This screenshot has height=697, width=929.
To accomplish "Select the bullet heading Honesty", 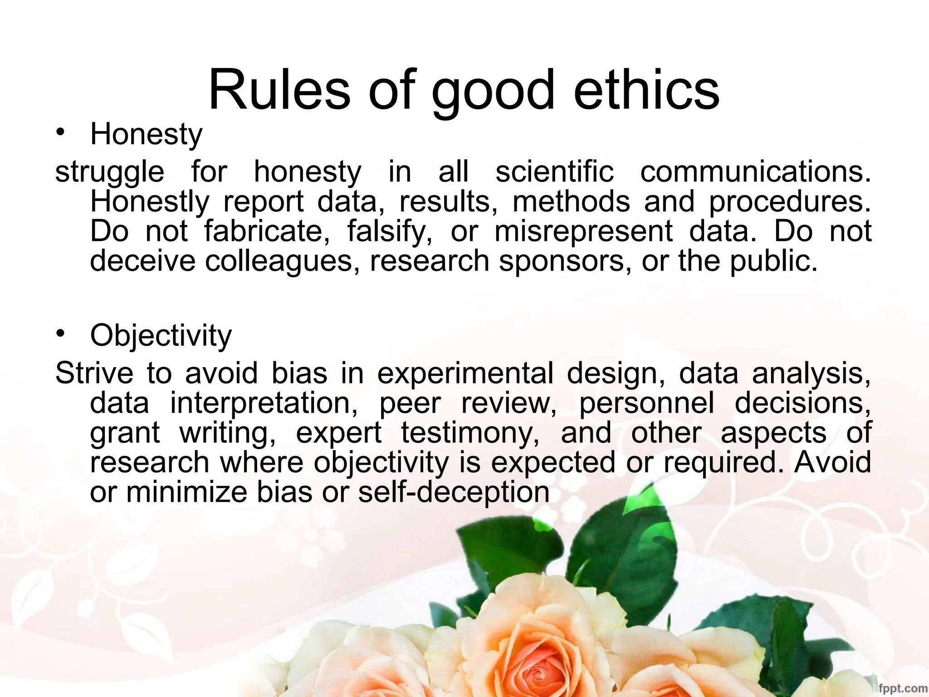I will (146, 135).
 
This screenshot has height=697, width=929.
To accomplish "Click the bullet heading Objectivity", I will (161, 336).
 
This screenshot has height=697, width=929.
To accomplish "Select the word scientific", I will (554, 172).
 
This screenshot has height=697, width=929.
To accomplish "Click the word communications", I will (755, 172).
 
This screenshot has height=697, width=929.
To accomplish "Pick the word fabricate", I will (267, 231).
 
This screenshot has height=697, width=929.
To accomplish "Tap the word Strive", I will (94, 373).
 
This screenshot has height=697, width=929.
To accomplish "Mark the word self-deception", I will (454, 493).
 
